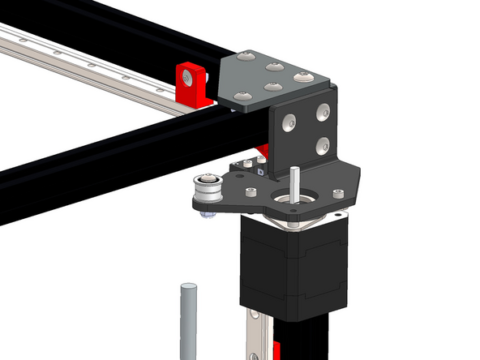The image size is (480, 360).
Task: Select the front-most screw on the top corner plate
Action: pos(242,96)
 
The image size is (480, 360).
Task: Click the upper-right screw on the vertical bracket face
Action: pos(324,110)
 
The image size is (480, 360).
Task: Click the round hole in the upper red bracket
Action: pos(187,78)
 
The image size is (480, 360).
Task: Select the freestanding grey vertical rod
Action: pos(188,321)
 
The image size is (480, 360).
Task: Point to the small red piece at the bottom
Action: pos(276,350)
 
